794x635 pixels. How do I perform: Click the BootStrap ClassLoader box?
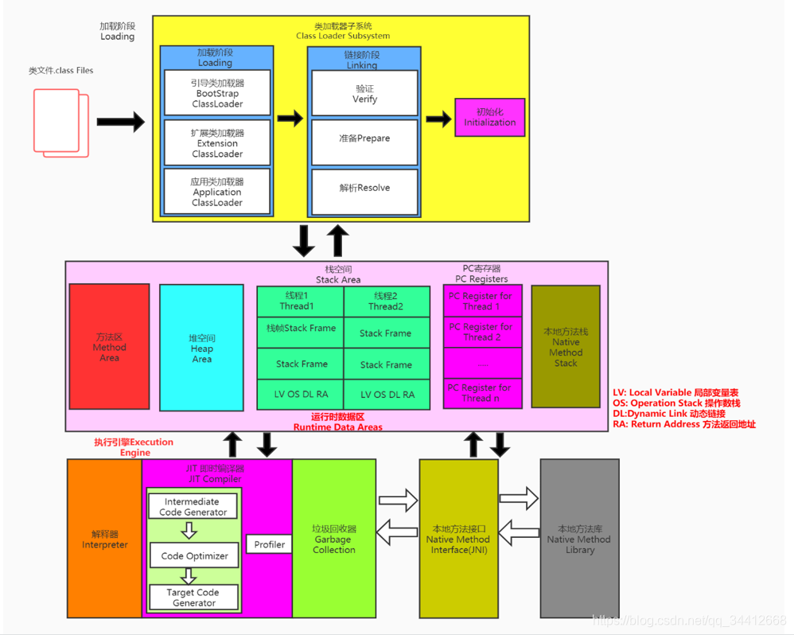[x=217, y=93]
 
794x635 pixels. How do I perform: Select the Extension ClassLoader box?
[x=217, y=143]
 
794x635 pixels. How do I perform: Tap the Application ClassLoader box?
[x=217, y=192]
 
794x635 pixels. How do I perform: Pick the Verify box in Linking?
[x=364, y=94]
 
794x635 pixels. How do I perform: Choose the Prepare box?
[x=364, y=138]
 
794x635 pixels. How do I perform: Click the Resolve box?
[x=364, y=188]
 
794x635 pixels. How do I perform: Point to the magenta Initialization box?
[x=489, y=117]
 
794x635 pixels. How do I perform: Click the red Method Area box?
[x=109, y=347]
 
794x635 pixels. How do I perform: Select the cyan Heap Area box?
[x=201, y=348]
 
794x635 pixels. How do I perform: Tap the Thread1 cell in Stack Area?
[x=300, y=301]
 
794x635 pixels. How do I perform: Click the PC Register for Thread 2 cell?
[x=482, y=332]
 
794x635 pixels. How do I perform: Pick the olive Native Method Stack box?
[x=566, y=347]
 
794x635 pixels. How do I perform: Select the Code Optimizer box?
[x=194, y=555]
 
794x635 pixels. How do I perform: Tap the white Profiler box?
[x=270, y=545]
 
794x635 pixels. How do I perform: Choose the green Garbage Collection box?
[x=333, y=538]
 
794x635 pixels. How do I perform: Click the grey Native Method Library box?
[x=579, y=538]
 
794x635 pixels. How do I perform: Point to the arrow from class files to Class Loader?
[x=121, y=122]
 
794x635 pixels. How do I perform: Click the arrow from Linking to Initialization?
[x=438, y=119]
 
